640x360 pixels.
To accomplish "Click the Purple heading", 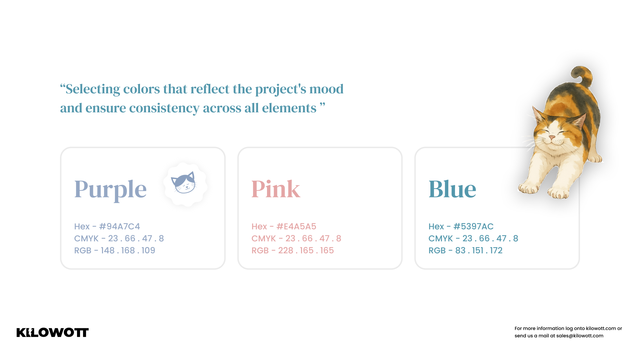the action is tap(110, 190).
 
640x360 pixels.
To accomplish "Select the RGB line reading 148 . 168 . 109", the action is tap(115, 250).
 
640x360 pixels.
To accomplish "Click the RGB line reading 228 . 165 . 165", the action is tap(293, 250).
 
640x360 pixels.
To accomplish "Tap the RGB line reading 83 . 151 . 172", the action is tap(465, 250).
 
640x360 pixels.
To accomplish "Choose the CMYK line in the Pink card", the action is tap(296, 238).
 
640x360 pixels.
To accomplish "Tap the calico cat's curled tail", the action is tap(582, 76).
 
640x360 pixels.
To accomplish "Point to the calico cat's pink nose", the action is tap(552, 137).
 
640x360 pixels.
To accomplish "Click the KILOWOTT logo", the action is tap(53, 332).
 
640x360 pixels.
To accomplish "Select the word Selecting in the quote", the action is tap(93, 89).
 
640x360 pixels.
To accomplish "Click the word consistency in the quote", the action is tap(164, 108).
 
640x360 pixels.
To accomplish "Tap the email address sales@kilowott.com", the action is tap(580, 336).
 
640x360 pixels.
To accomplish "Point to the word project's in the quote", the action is tap(281, 89).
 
